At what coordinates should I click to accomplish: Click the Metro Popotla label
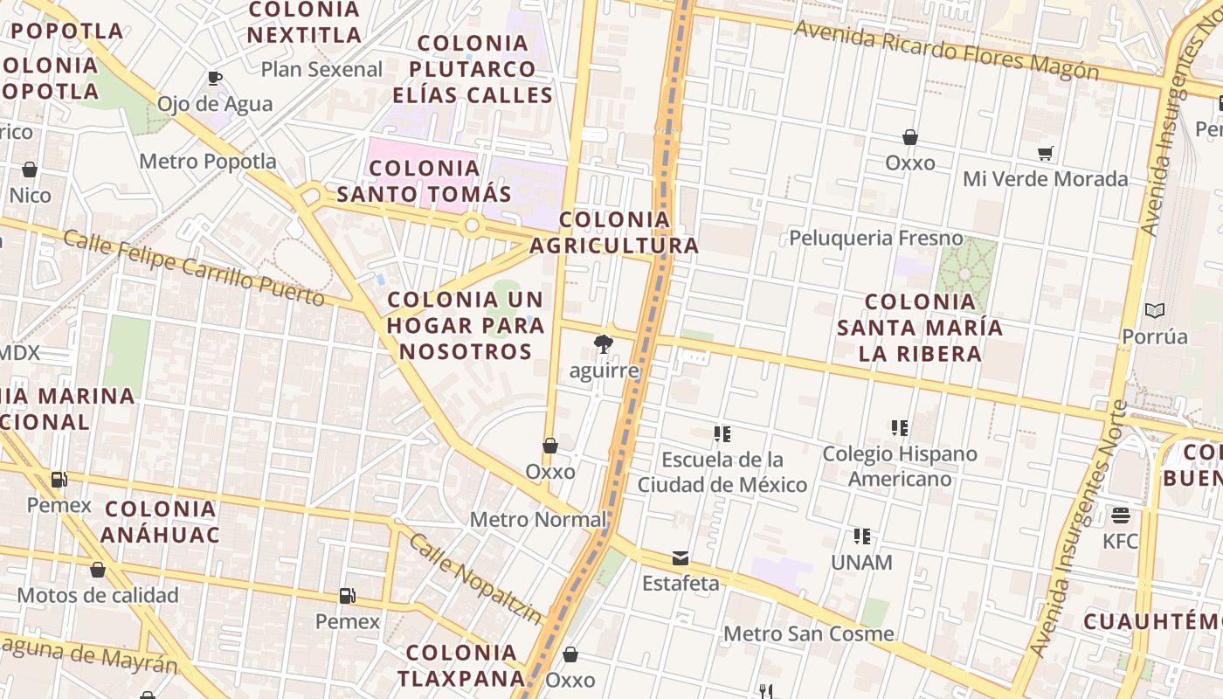(x=208, y=162)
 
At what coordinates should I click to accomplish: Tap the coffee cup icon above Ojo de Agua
(x=215, y=79)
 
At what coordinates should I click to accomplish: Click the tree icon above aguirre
(x=603, y=344)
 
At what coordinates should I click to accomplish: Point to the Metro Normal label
(x=538, y=520)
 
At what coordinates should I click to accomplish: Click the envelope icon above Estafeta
(x=681, y=558)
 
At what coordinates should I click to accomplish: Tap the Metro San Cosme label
(x=809, y=634)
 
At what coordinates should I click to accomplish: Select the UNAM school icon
(x=862, y=536)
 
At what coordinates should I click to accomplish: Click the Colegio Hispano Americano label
(x=900, y=467)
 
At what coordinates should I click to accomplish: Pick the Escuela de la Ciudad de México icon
(x=722, y=434)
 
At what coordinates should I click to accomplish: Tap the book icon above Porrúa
(x=1155, y=310)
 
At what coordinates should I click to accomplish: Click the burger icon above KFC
(x=1121, y=516)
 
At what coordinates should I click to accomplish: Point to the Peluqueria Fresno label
(x=875, y=239)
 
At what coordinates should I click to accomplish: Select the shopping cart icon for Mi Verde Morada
(x=1046, y=154)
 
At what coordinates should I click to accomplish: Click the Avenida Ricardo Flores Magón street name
(x=946, y=50)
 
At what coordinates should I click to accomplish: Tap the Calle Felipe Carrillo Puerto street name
(x=194, y=268)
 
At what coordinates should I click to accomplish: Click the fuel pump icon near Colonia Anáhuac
(x=59, y=479)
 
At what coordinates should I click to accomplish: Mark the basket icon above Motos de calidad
(x=98, y=571)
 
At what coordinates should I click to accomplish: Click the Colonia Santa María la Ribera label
(x=920, y=328)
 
